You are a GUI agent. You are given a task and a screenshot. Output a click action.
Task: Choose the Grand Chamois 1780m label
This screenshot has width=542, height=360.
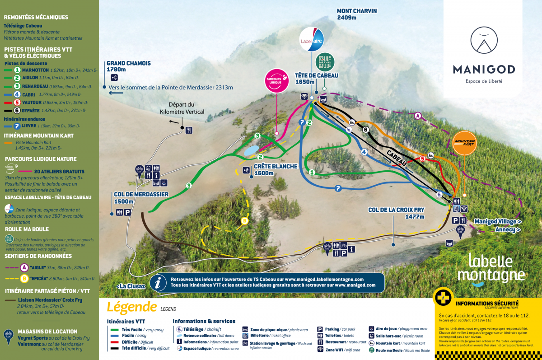pos(128,66)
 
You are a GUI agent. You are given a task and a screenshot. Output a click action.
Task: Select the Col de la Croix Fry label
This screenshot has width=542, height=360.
pos(397,213)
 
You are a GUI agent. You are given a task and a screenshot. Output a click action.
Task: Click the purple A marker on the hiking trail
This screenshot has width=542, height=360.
pos(418,116)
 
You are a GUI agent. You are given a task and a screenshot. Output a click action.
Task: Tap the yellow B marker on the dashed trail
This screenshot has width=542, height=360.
pos(244,221)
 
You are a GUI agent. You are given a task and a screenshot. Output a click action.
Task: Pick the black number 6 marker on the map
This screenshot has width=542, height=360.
pos(366,130)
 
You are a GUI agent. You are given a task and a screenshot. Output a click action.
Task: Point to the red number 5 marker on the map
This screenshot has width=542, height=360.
pos(423,159)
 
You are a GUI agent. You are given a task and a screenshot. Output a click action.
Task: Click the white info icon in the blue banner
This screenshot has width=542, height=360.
pos(158,283)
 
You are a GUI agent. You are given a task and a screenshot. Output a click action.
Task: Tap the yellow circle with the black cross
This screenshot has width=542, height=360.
pos(443,297)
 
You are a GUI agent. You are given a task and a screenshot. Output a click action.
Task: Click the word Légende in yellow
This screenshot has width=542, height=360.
pos(131,307)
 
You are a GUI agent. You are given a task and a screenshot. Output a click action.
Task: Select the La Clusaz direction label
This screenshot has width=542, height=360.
pos(131,286)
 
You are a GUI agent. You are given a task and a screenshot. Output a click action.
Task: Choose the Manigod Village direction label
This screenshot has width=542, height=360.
pos(498,222)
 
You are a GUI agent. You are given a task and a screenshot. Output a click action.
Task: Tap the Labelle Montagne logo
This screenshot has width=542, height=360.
pos(491,269)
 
